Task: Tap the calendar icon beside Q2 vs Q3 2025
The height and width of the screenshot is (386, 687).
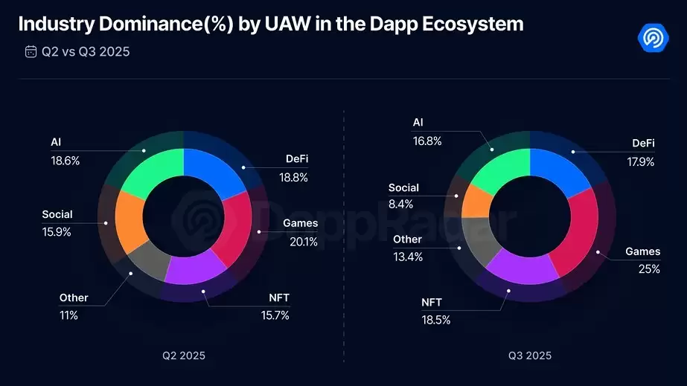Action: [x=31, y=51]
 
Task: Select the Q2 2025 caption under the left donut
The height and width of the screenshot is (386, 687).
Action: [x=184, y=356]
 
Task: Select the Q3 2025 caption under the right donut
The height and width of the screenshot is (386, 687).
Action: [x=530, y=356]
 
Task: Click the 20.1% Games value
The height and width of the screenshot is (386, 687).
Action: [x=304, y=240]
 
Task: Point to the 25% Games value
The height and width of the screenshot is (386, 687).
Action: [x=649, y=268]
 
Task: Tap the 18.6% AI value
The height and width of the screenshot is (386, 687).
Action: [x=65, y=159]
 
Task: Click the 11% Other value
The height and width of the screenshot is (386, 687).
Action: [x=68, y=315]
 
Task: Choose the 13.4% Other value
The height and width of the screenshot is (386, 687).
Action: [x=408, y=257]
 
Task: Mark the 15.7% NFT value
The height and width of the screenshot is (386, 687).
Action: [x=275, y=315]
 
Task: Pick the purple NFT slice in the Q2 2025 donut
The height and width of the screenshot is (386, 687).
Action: [x=195, y=271]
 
